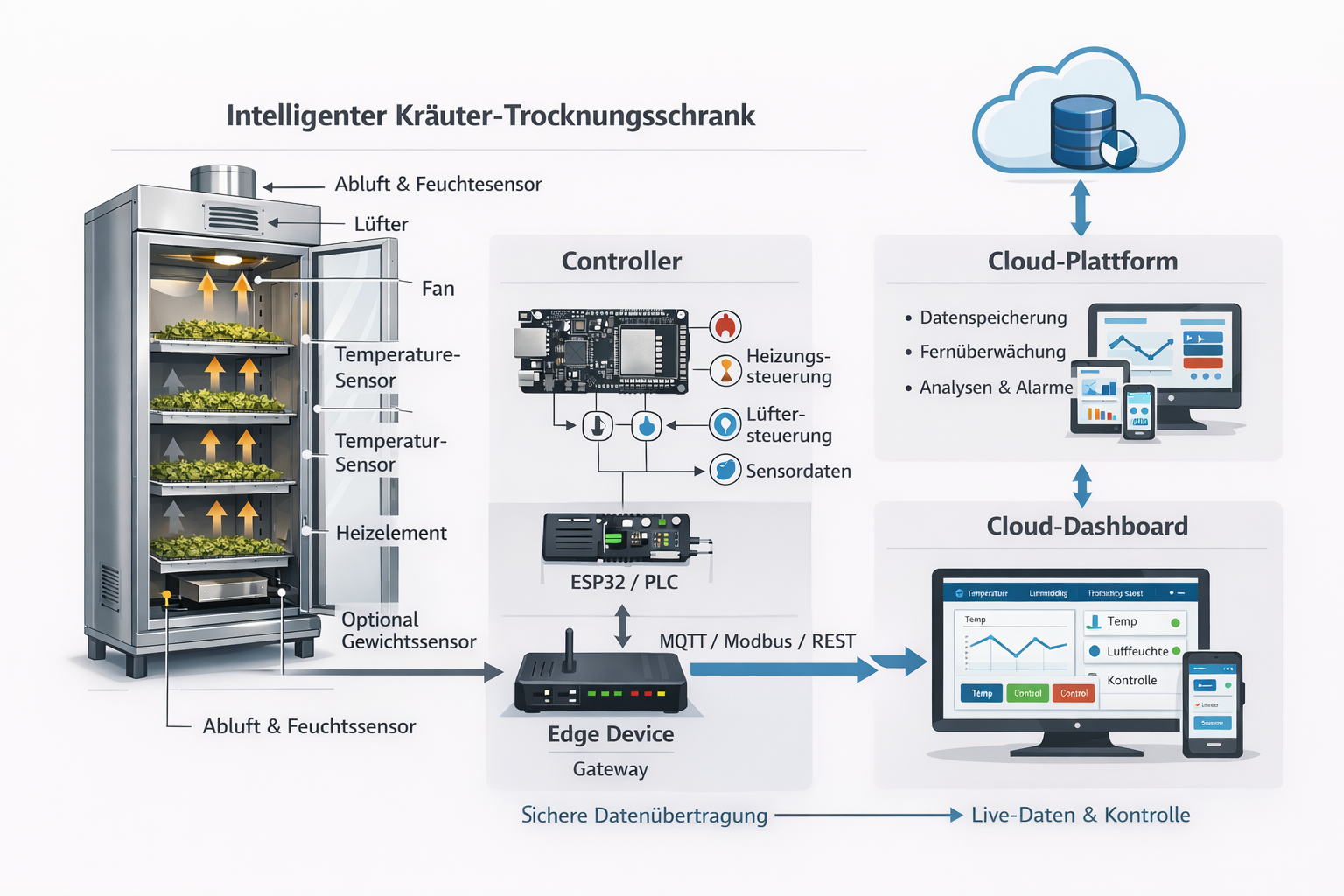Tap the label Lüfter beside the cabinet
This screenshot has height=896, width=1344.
pos(381,224)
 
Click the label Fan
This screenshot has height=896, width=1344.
pos(437,289)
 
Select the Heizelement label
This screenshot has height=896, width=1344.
pos(391,533)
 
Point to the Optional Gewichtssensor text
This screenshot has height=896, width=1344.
pos(408,630)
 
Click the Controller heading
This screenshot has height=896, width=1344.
pos(621,262)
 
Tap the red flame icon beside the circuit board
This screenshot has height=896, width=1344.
pos(724,326)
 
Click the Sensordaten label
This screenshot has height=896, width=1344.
pos(797,472)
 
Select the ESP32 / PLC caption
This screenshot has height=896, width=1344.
pos(624,582)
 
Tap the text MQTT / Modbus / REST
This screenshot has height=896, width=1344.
pos(757,641)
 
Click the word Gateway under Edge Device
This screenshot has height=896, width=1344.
pos(610,769)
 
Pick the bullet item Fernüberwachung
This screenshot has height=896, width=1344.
pos(992,352)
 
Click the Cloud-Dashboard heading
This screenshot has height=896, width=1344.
pos(1087,526)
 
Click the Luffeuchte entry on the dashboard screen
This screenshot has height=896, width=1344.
pos(1137,651)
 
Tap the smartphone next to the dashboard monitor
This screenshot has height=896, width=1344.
pos(1213,703)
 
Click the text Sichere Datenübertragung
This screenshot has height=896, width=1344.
pos(644,815)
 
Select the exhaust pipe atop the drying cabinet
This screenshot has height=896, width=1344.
pos(223,180)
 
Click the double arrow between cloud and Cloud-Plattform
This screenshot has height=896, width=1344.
pos(1081,207)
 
